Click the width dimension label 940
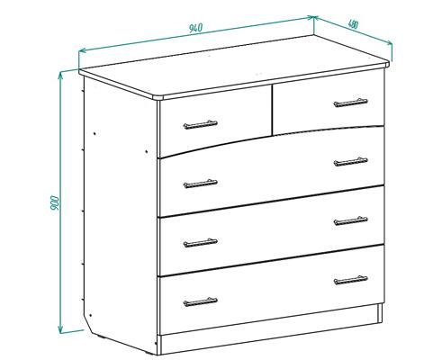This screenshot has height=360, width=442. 196,28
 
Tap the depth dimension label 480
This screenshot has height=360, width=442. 353,24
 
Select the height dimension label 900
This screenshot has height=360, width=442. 55,202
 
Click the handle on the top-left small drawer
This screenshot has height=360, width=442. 200,124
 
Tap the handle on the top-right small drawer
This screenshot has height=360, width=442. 350,103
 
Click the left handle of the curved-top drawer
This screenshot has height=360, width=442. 200,184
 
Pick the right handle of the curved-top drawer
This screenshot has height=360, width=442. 350,162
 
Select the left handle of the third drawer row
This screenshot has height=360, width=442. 200,243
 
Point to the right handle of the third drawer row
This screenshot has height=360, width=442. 350,220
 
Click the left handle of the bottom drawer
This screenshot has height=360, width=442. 200,301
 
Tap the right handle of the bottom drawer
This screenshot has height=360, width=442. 350,280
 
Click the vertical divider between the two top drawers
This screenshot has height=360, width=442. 272,110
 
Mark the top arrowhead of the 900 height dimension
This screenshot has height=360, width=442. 60,74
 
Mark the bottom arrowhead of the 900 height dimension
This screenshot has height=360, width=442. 60,331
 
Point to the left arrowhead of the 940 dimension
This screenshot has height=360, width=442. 80,50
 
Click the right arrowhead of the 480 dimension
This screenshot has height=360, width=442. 391,43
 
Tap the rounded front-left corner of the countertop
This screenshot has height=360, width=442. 158,97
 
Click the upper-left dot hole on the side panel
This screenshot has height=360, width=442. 95,133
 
